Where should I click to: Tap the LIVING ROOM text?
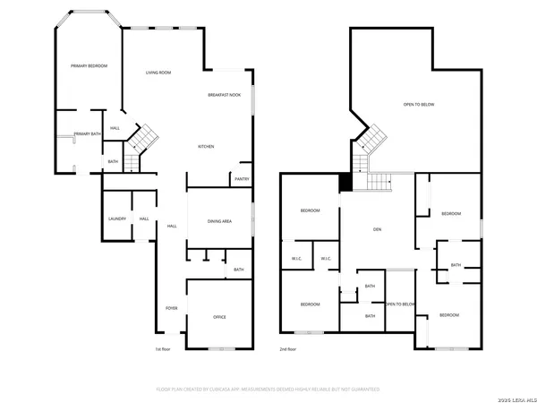pyautogui.click(x=158, y=72)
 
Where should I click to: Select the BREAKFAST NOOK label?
pyautogui.click(x=224, y=94)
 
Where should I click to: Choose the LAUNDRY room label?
pyautogui.click(x=116, y=219)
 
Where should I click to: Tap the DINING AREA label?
pyautogui.click(x=220, y=219)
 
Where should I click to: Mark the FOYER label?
pyautogui.click(x=170, y=309)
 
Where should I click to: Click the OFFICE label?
pyautogui.click(x=219, y=317)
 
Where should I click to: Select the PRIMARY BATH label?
pyautogui.click(x=88, y=133)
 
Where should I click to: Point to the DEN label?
pyautogui.click(x=378, y=229)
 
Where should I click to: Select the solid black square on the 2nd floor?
pyautogui.click(x=345, y=182)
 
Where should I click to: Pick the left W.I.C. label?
pyautogui.click(x=296, y=259)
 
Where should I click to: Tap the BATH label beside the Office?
pyautogui.click(x=238, y=270)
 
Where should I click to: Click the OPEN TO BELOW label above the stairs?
pyautogui.click(x=418, y=105)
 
